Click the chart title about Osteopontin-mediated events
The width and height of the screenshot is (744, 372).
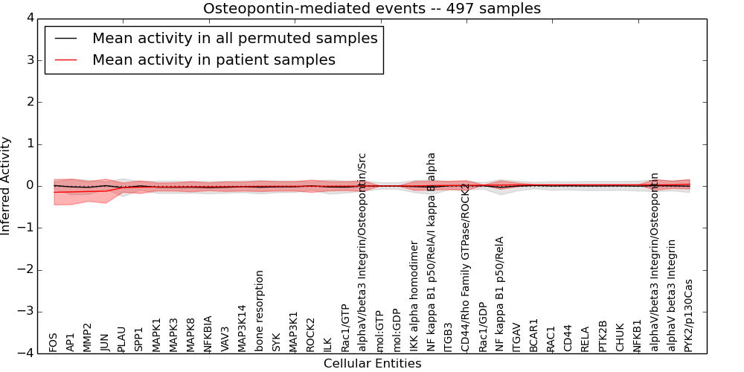(372, 9)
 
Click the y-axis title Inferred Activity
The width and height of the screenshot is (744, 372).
(6, 185)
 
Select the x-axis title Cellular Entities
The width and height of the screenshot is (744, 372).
(372, 364)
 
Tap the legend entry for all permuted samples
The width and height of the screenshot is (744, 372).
(234, 38)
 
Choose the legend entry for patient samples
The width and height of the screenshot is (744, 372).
(214, 60)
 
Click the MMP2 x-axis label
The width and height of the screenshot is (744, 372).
(88, 337)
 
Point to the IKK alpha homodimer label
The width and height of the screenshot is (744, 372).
(414, 295)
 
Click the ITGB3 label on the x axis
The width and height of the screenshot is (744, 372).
(448, 337)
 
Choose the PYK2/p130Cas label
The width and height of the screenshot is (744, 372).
(688, 315)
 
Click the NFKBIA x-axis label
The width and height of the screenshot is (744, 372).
(208, 333)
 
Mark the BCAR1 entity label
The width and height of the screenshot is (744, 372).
(533, 335)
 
